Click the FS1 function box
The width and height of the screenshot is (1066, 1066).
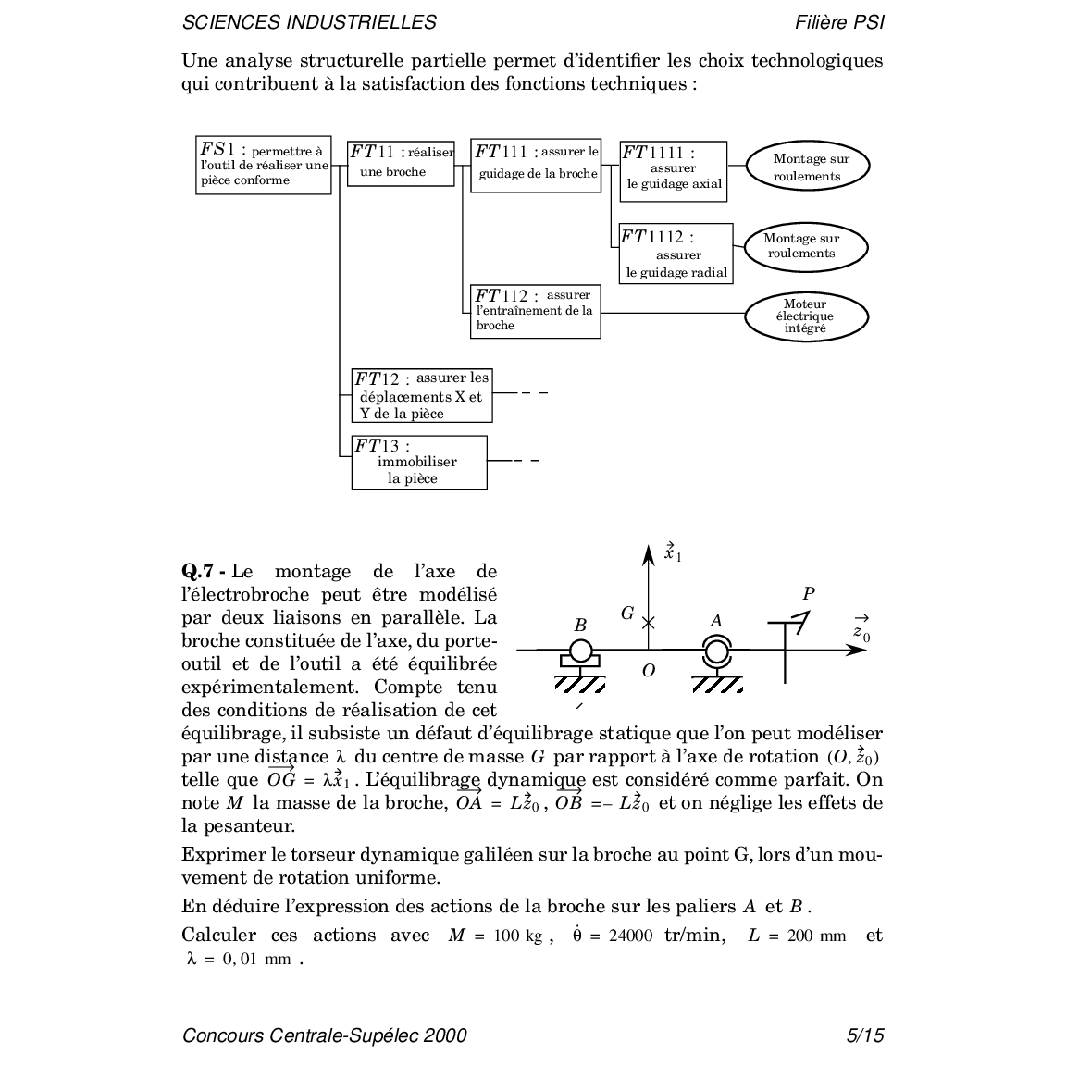(x=264, y=165)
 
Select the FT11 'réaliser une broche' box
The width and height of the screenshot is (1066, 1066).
(x=401, y=163)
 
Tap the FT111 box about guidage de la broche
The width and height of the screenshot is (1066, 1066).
(x=536, y=166)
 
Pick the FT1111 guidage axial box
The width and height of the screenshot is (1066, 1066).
(x=673, y=170)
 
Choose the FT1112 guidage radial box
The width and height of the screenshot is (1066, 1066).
(x=676, y=253)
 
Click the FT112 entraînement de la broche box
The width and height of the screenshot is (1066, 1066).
(x=535, y=311)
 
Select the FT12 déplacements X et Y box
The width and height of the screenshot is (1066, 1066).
(x=422, y=395)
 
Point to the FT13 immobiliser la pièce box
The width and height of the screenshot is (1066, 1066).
(x=418, y=462)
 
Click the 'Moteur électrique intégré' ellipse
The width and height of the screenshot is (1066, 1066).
(x=806, y=316)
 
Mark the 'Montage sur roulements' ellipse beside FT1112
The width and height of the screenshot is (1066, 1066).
(x=804, y=246)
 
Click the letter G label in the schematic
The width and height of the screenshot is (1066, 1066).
(x=627, y=614)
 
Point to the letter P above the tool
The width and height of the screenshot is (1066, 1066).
(x=809, y=594)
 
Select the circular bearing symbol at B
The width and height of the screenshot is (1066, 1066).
(x=580, y=651)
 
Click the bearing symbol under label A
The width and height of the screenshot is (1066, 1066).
(x=715, y=652)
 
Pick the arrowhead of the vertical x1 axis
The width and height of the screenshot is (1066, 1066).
(x=649, y=552)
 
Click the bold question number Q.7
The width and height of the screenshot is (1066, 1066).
(x=200, y=572)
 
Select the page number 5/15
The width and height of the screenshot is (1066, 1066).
(x=865, y=1035)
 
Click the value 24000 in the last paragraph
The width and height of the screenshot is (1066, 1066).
(x=630, y=936)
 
